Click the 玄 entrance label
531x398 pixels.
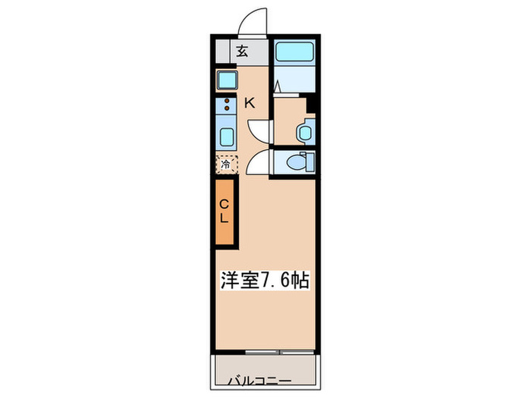tap(242, 52)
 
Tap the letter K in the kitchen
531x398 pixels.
tap(250, 103)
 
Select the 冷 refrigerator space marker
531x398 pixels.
tap(226, 164)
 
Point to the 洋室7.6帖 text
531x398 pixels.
tap(265, 280)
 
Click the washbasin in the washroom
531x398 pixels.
tap(305, 131)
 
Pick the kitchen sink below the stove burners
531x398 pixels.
tap(226, 137)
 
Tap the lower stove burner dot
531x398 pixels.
tap(226, 108)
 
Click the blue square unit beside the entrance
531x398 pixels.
tap(226, 80)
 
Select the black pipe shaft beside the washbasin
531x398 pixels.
tap(310, 104)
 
